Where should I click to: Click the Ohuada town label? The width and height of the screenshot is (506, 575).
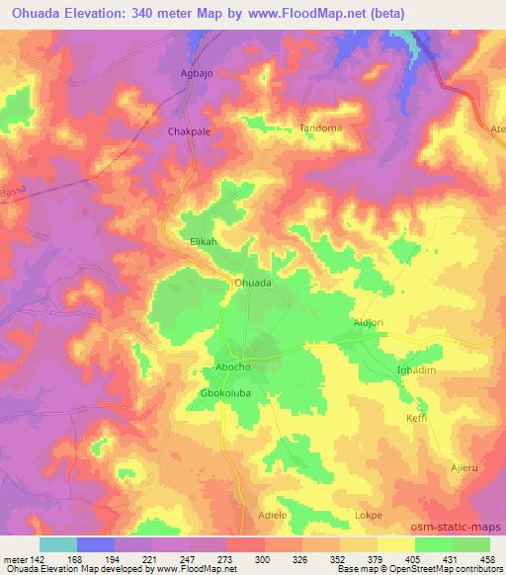pyautogui.click(x=252, y=282)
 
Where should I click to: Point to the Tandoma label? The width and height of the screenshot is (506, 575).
pyautogui.click(x=320, y=128)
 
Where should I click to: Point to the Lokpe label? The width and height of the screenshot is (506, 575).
pyautogui.click(x=368, y=515)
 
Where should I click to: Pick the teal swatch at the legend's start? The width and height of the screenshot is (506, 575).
pyautogui.click(x=58, y=543)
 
